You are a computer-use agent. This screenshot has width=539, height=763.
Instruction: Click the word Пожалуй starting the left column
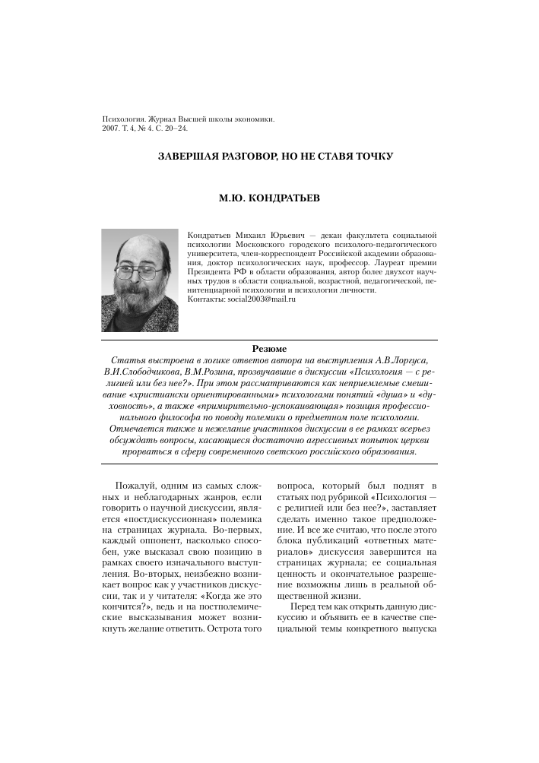click(132, 484)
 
